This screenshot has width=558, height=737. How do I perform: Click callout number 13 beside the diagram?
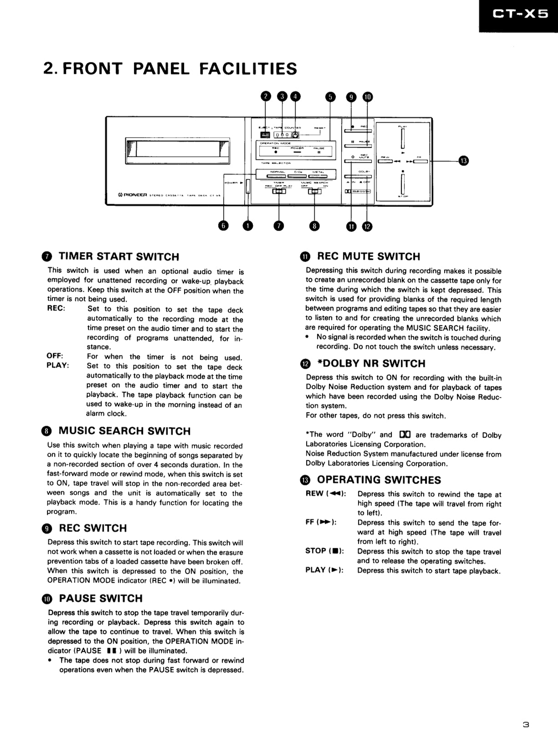click(x=463, y=160)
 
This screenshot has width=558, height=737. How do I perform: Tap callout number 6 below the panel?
click(x=223, y=225)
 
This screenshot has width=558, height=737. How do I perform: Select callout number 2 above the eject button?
click(x=266, y=96)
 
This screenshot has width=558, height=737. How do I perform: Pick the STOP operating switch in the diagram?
click(x=403, y=184)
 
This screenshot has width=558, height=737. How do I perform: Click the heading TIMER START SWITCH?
click(x=119, y=257)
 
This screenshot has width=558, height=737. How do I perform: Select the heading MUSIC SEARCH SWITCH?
click(x=124, y=431)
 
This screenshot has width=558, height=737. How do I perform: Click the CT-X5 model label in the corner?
click(x=521, y=14)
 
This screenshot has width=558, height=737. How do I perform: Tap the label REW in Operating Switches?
click(x=314, y=494)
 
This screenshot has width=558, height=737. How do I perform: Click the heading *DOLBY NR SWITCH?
click(x=371, y=364)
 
